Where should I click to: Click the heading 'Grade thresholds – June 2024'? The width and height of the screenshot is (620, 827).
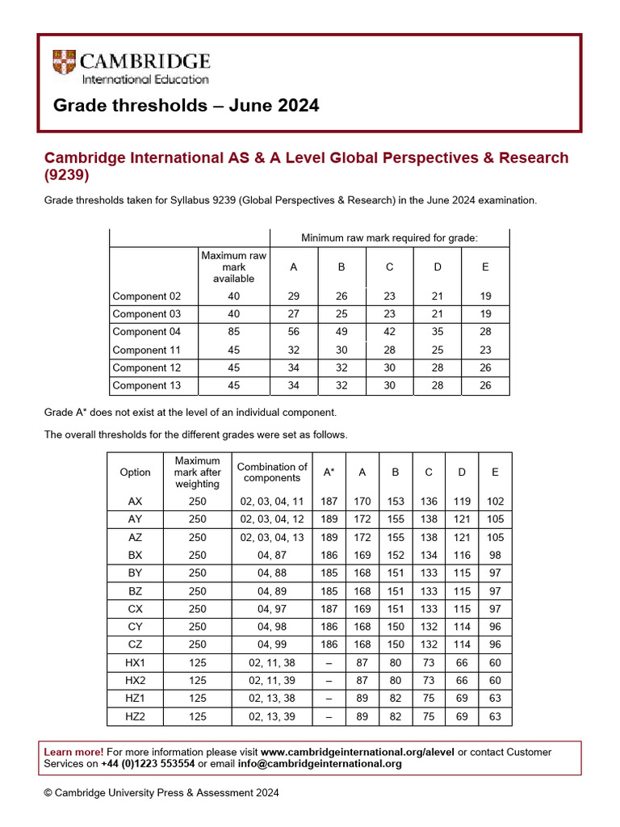[186, 106]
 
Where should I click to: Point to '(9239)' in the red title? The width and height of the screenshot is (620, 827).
[66, 175]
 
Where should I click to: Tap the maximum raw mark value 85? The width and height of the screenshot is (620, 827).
[233, 332]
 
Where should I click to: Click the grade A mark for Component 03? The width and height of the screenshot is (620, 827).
[294, 314]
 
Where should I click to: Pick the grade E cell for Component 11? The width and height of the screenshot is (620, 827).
[485, 351]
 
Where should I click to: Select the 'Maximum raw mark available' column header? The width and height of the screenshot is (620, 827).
[233, 267]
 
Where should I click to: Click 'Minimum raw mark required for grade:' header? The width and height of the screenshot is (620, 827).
[389, 237]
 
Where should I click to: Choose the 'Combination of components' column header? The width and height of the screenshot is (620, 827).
[272, 472]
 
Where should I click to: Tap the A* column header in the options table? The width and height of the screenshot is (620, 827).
[329, 472]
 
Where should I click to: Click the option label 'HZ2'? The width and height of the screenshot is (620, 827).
[135, 717]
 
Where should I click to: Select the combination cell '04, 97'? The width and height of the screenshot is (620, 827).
[272, 609]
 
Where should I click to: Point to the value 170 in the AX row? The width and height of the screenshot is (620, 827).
[362, 502]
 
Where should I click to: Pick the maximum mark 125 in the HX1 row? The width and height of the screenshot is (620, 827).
[197, 663]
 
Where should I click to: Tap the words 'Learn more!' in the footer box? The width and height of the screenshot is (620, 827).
[73, 752]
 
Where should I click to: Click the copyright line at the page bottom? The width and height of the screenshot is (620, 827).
[161, 793]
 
